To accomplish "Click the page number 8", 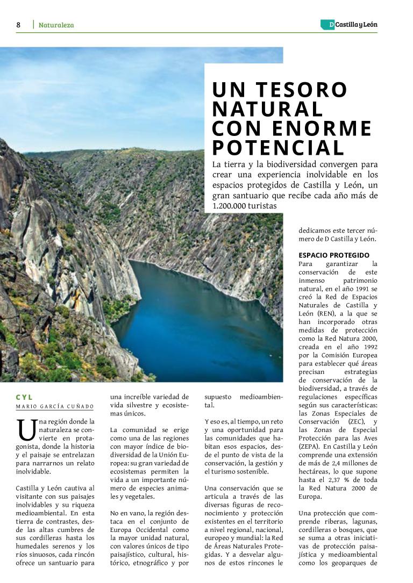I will (x=18, y=25).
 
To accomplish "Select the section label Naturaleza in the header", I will (x=56, y=25).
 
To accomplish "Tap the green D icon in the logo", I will (x=327, y=25).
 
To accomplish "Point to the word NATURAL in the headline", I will (x=267, y=109).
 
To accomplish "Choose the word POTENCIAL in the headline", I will (x=278, y=148).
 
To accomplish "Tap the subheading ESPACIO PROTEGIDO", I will (x=334, y=255).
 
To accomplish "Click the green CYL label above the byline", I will (x=25, y=397).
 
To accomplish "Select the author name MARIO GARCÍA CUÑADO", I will (x=54, y=406).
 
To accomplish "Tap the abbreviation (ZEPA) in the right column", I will (x=309, y=447).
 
